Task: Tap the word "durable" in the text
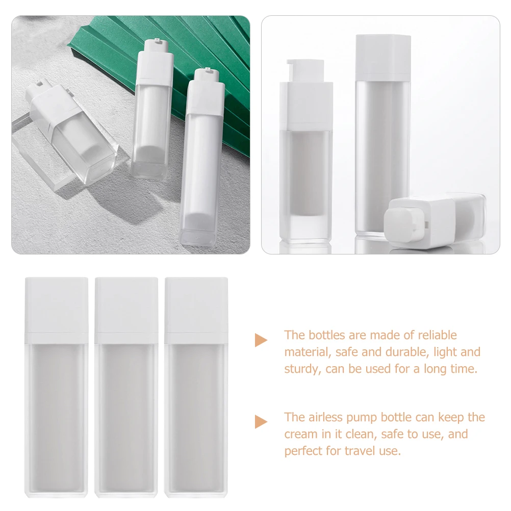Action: pyautogui.click(x=398, y=352)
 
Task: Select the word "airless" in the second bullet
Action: pyautogui.click(x=327, y=417)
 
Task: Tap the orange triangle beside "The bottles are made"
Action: pyautogui.click(x=261, y=340)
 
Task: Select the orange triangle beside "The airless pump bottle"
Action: pyautogui.click(x=261, y=421)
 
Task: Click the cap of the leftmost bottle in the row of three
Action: pyautogui.click(x=56, y=309)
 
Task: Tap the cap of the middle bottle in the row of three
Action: pyautogui.click(x=126, y=309)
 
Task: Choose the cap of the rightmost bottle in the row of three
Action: pyautogui.click(x=196, y=309)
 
